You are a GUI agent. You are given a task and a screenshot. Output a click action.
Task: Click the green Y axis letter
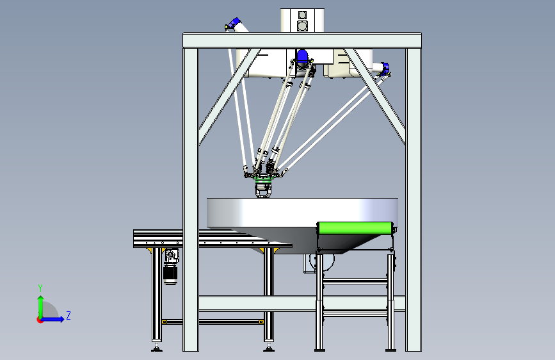pyautogui.click(x=40, y=288)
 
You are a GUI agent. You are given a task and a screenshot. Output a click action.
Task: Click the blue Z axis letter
pyautogui.click(x=68, y=315)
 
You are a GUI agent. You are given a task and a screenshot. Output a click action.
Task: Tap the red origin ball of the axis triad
pyautogui.click(x=40, y=320)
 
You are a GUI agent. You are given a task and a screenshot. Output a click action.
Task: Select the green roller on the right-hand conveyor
pyautogui.click(x=356, y=228)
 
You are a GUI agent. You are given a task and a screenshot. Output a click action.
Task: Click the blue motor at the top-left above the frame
pyautogui.click(x=234, y=24)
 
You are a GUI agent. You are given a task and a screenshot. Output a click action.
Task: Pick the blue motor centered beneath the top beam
pyautogui.click(x=302, y=58)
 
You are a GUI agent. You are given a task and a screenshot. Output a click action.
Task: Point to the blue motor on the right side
pyautogui.click(x=385, y=67)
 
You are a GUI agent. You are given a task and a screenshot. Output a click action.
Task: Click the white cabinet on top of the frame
pyautogui.click(x=302, y=20)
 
